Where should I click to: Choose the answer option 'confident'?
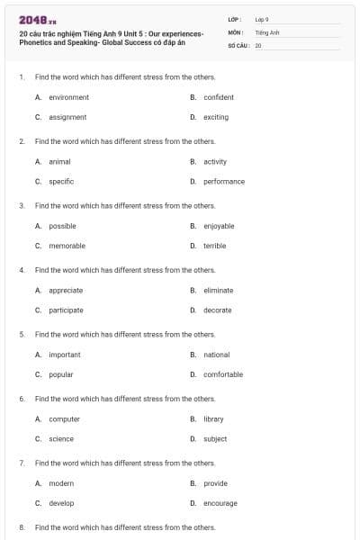[x=219, y=97]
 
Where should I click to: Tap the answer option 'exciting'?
[x=216, y=117]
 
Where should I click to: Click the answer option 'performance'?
[x=224, y=182]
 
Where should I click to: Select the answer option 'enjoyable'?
[x=219, y=226]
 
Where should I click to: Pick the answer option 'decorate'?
[x=217, y=310]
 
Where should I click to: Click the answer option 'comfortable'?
[x=223, y=374]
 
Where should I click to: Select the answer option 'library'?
[x=213, y=419]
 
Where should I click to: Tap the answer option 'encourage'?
[x=220, y=503]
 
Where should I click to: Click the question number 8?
[x=21, y=527]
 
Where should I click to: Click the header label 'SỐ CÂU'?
[x=238, y=44]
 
